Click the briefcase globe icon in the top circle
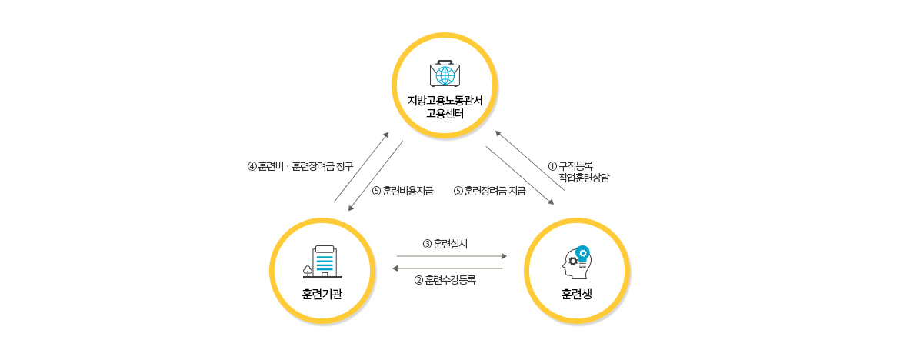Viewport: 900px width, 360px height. point(445,74)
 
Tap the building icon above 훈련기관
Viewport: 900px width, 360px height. point(322,262)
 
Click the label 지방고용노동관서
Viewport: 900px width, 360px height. point(445,100)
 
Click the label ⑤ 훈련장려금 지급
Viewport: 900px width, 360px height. point(490,191)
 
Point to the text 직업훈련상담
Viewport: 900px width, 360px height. point(584,178)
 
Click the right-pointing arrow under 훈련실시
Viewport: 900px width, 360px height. point(452,255)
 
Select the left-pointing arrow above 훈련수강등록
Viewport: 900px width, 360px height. point(447,268)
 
